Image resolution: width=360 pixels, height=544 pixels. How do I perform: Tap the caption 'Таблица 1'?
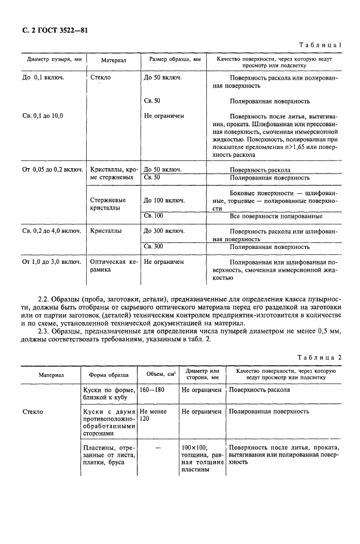pyautogui.click(x=323, y=45)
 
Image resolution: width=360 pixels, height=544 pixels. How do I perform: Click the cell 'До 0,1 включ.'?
pyautogui.click(x=44, y=78)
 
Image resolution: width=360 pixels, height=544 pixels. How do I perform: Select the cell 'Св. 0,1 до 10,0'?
pyautogui.click(x=42, y=115)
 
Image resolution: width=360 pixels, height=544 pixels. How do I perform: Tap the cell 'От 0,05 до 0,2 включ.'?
pyautogui.click(x=53, y=170)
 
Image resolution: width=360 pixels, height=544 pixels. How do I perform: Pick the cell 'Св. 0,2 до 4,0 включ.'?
pyautogui.click(x=52, y=230)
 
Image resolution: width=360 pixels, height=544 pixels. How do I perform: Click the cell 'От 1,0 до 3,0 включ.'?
pyautogui.click(x=52, y=262)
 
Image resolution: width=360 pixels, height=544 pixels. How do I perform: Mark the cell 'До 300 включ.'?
pyautogui.click(x=164, y=230)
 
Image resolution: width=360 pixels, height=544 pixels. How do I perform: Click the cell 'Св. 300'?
pyautogui.click(x=154, y=246)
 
